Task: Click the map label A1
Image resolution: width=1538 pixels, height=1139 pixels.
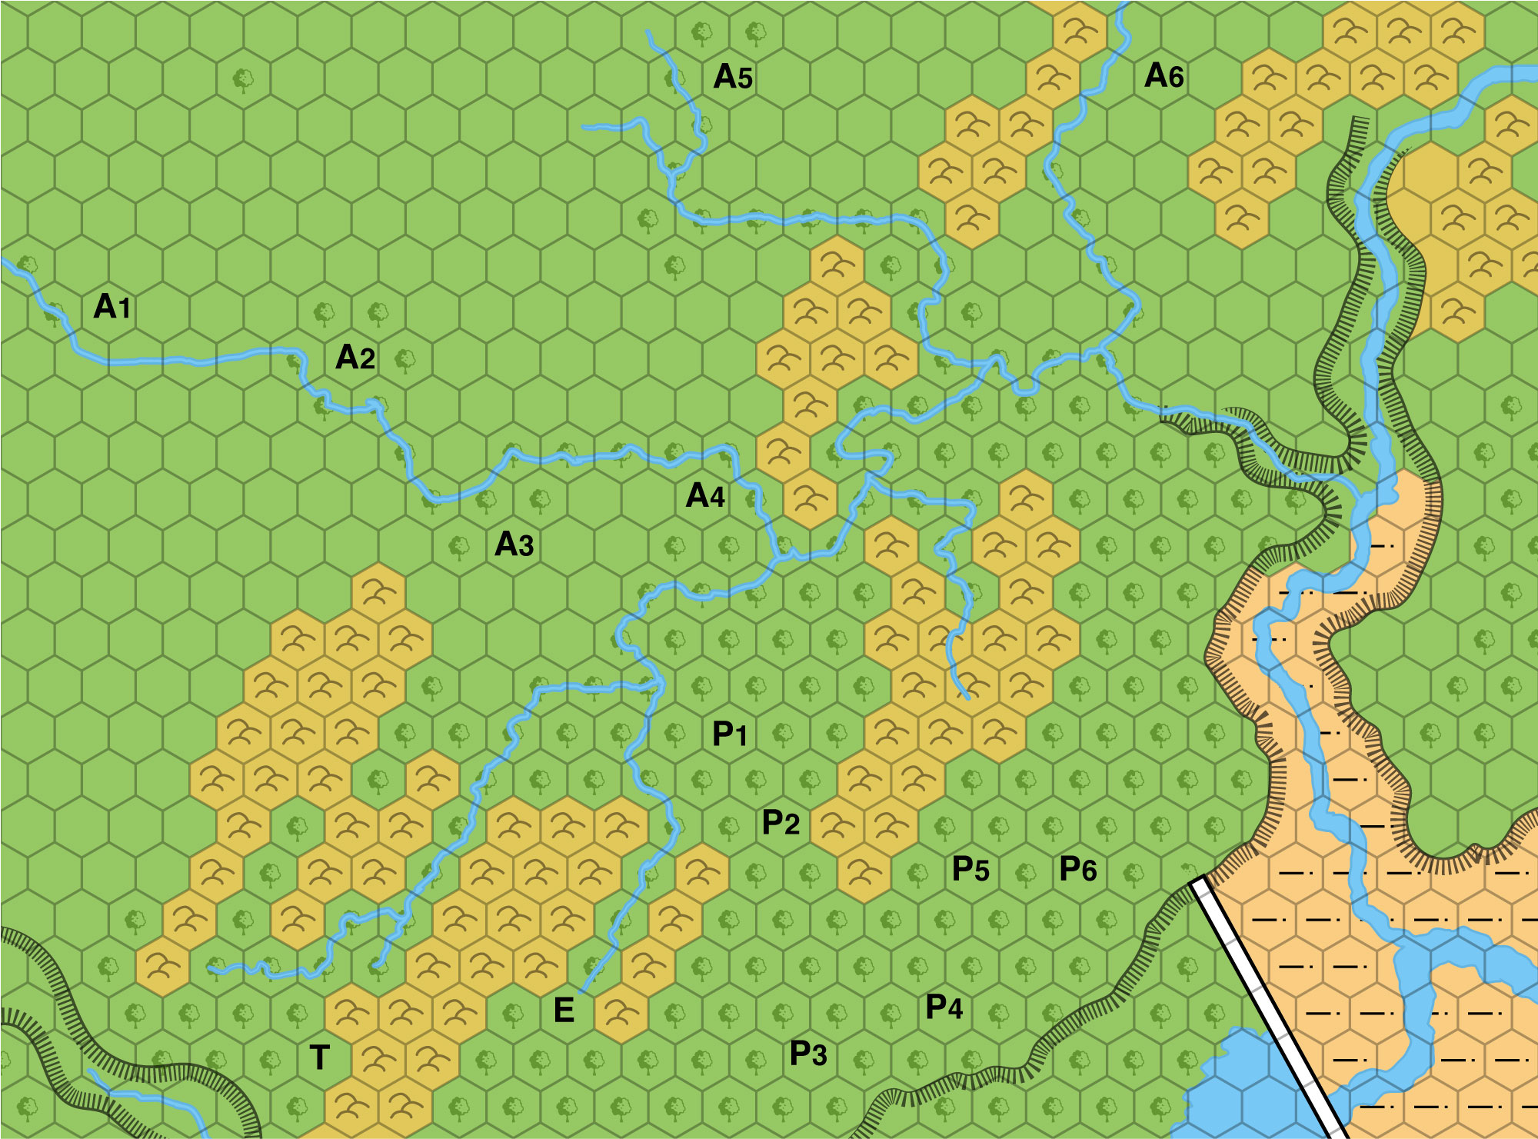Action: click(x=112, y=307)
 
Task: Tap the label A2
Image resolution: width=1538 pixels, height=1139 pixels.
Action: click(x=355, y=358)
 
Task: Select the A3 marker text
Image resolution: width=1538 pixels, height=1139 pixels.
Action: click(x=514, y=545)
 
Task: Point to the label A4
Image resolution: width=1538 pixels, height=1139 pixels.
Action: click(x=705, y=496)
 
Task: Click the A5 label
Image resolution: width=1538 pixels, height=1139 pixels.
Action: click(x=733, y=77)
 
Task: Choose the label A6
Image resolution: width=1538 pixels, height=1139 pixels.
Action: click(x=1163, y=76)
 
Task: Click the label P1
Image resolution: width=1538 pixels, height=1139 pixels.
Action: click(x=730, y=734)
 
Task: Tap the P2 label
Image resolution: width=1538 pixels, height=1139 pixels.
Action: click(x=781, y=823)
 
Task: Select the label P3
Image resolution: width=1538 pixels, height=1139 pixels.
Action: click(x=808, y=1054)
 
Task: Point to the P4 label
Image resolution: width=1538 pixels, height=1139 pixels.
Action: click(x=944, y=1007)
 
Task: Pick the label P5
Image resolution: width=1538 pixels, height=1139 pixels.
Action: click(x=970, y=869)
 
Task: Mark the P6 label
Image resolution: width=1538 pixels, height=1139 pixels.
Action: click(x=1078, y=869)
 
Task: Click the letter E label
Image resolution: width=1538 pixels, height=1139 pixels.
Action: click(x=564, y=1011)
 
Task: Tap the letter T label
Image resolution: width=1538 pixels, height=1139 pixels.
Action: click(x=320, y=1058)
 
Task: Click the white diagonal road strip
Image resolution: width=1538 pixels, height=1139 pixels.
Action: click(x=1269, y=1007)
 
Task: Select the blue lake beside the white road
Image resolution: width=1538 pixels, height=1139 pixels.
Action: click(x=1238, y=1092)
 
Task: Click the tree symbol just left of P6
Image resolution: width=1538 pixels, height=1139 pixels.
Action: click(x=1025, y=872)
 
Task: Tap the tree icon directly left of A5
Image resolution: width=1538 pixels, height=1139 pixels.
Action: click(x=701, y=32)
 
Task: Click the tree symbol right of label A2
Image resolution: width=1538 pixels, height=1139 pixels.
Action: click(x=404, y=358)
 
